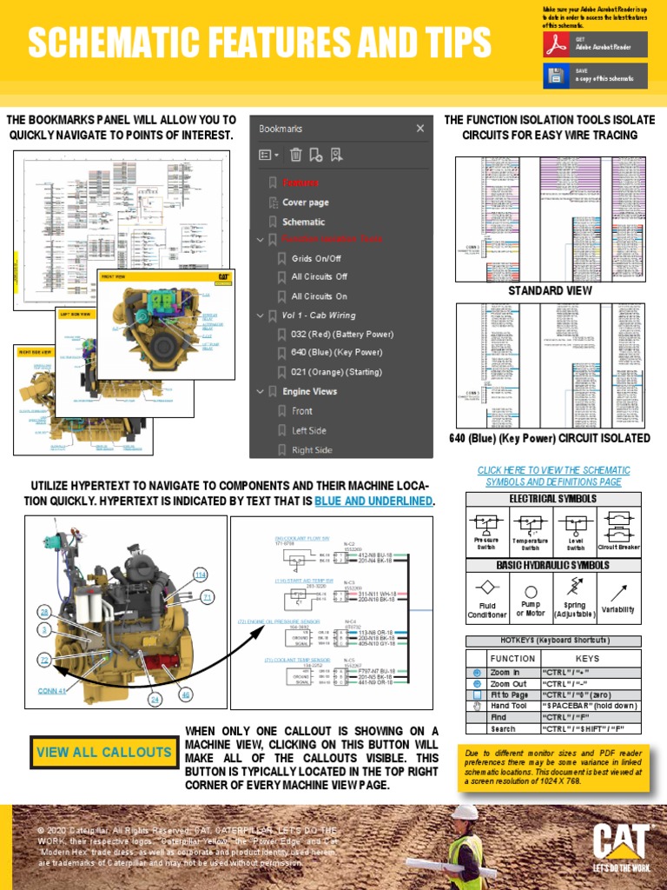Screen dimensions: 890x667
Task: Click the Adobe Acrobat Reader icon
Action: [556, 45]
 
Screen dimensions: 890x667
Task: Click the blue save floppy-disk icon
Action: [556, 76]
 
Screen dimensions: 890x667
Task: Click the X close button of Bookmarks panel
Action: [420, 129]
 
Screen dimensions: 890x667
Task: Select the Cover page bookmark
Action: [305, 203]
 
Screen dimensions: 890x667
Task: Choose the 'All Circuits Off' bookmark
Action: [319, 276]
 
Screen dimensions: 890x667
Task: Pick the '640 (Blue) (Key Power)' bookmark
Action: [336, 353]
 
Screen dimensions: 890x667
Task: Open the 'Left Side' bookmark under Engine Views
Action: [309, 430]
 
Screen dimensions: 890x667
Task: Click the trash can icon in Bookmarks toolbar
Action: [295, 156]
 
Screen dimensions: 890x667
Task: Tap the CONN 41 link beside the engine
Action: [52, 692]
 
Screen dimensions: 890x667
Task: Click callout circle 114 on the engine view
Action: [201, 575]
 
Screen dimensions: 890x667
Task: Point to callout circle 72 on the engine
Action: [44, 661]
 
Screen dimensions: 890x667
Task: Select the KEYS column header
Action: [587, 659]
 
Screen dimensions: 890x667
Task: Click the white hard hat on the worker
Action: [466, 812]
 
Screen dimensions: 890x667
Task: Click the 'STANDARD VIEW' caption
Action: [550, 291]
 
